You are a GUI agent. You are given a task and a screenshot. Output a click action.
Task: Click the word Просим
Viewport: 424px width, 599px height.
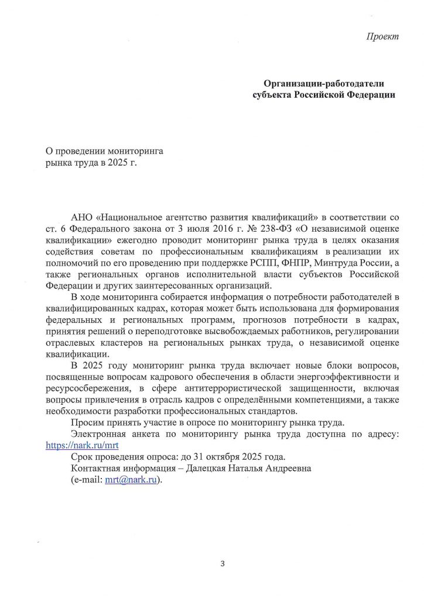click(x=86, y=423)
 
